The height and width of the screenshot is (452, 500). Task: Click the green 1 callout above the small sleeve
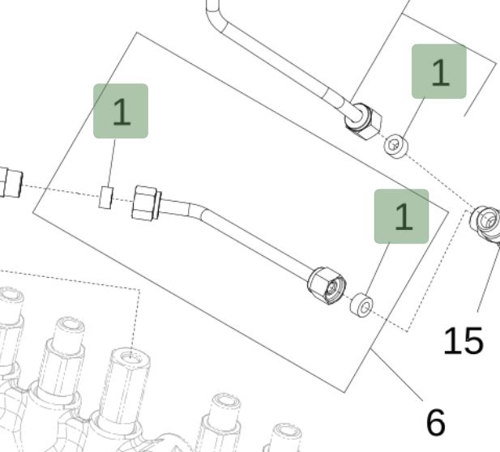point(121,111)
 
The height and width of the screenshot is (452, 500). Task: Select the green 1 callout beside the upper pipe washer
point(439,71)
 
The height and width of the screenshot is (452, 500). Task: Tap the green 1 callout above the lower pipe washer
point(400,216)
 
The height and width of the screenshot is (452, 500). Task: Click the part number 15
point(463,341)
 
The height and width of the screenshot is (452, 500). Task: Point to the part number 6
point(435,421)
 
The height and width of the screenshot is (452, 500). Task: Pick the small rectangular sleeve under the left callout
point(105,197)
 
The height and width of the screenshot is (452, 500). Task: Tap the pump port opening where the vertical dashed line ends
point(127,357)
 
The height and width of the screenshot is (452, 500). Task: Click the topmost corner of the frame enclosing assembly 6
point(137,33)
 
